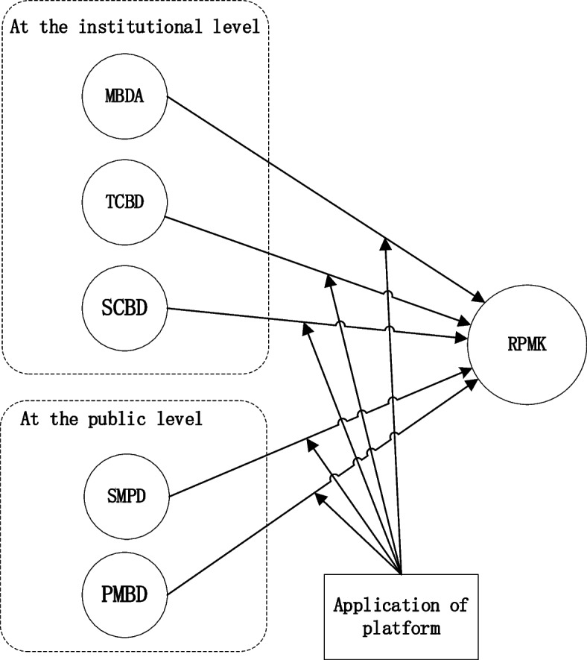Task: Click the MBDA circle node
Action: tap(124, 96)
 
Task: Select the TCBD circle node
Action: tap(124, 201)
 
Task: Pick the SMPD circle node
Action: tap(124, 493)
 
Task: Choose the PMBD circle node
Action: tap(124, 595)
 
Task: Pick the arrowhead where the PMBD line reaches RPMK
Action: tap(472, 386)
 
